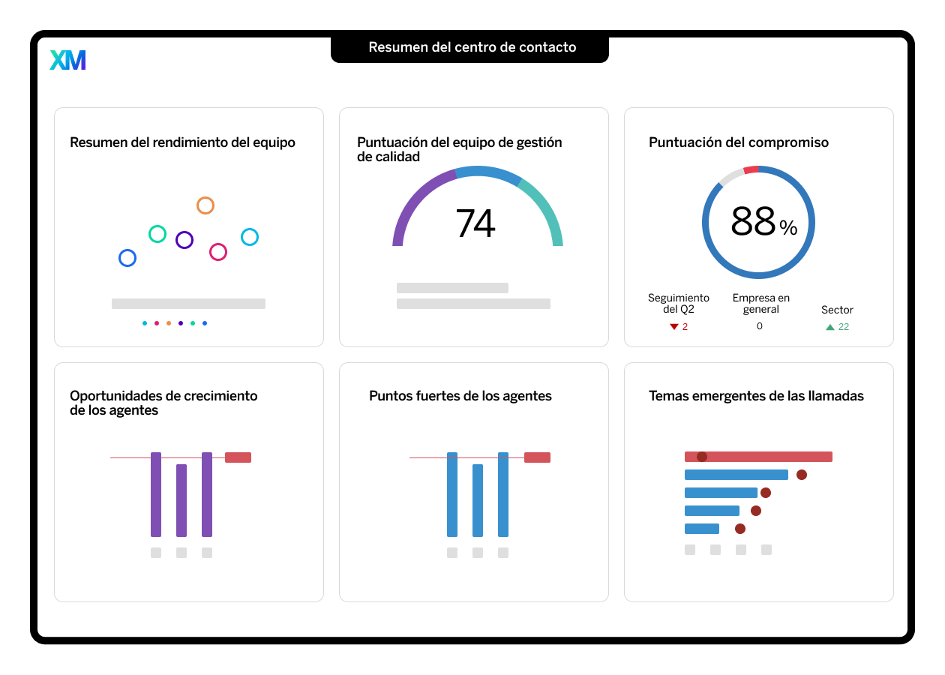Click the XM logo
pos(67,60)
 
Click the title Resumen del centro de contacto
pos(472,47)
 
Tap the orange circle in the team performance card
pos(205,205)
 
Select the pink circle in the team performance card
pos(218,252)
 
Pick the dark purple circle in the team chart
pos(184,240)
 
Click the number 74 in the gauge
pos(475,223)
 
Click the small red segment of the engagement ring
pos(751,170)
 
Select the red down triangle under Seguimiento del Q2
pos(674,327)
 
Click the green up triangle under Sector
pos(830,327)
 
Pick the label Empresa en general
pos(760,304)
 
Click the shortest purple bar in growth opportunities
pos(181,500)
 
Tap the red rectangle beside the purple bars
pos(238,457)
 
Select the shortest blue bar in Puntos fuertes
pos(478,500)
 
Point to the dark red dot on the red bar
pos(702,457)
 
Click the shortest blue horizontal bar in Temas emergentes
pos(702,529)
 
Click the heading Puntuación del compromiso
pos(739,142)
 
